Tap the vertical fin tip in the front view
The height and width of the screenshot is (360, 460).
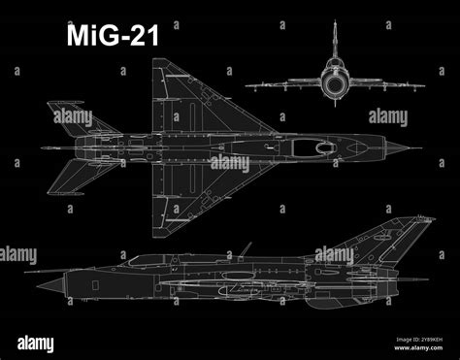[x=336, y=21]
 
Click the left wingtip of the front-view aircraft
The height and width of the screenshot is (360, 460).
[x=246, y=86]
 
